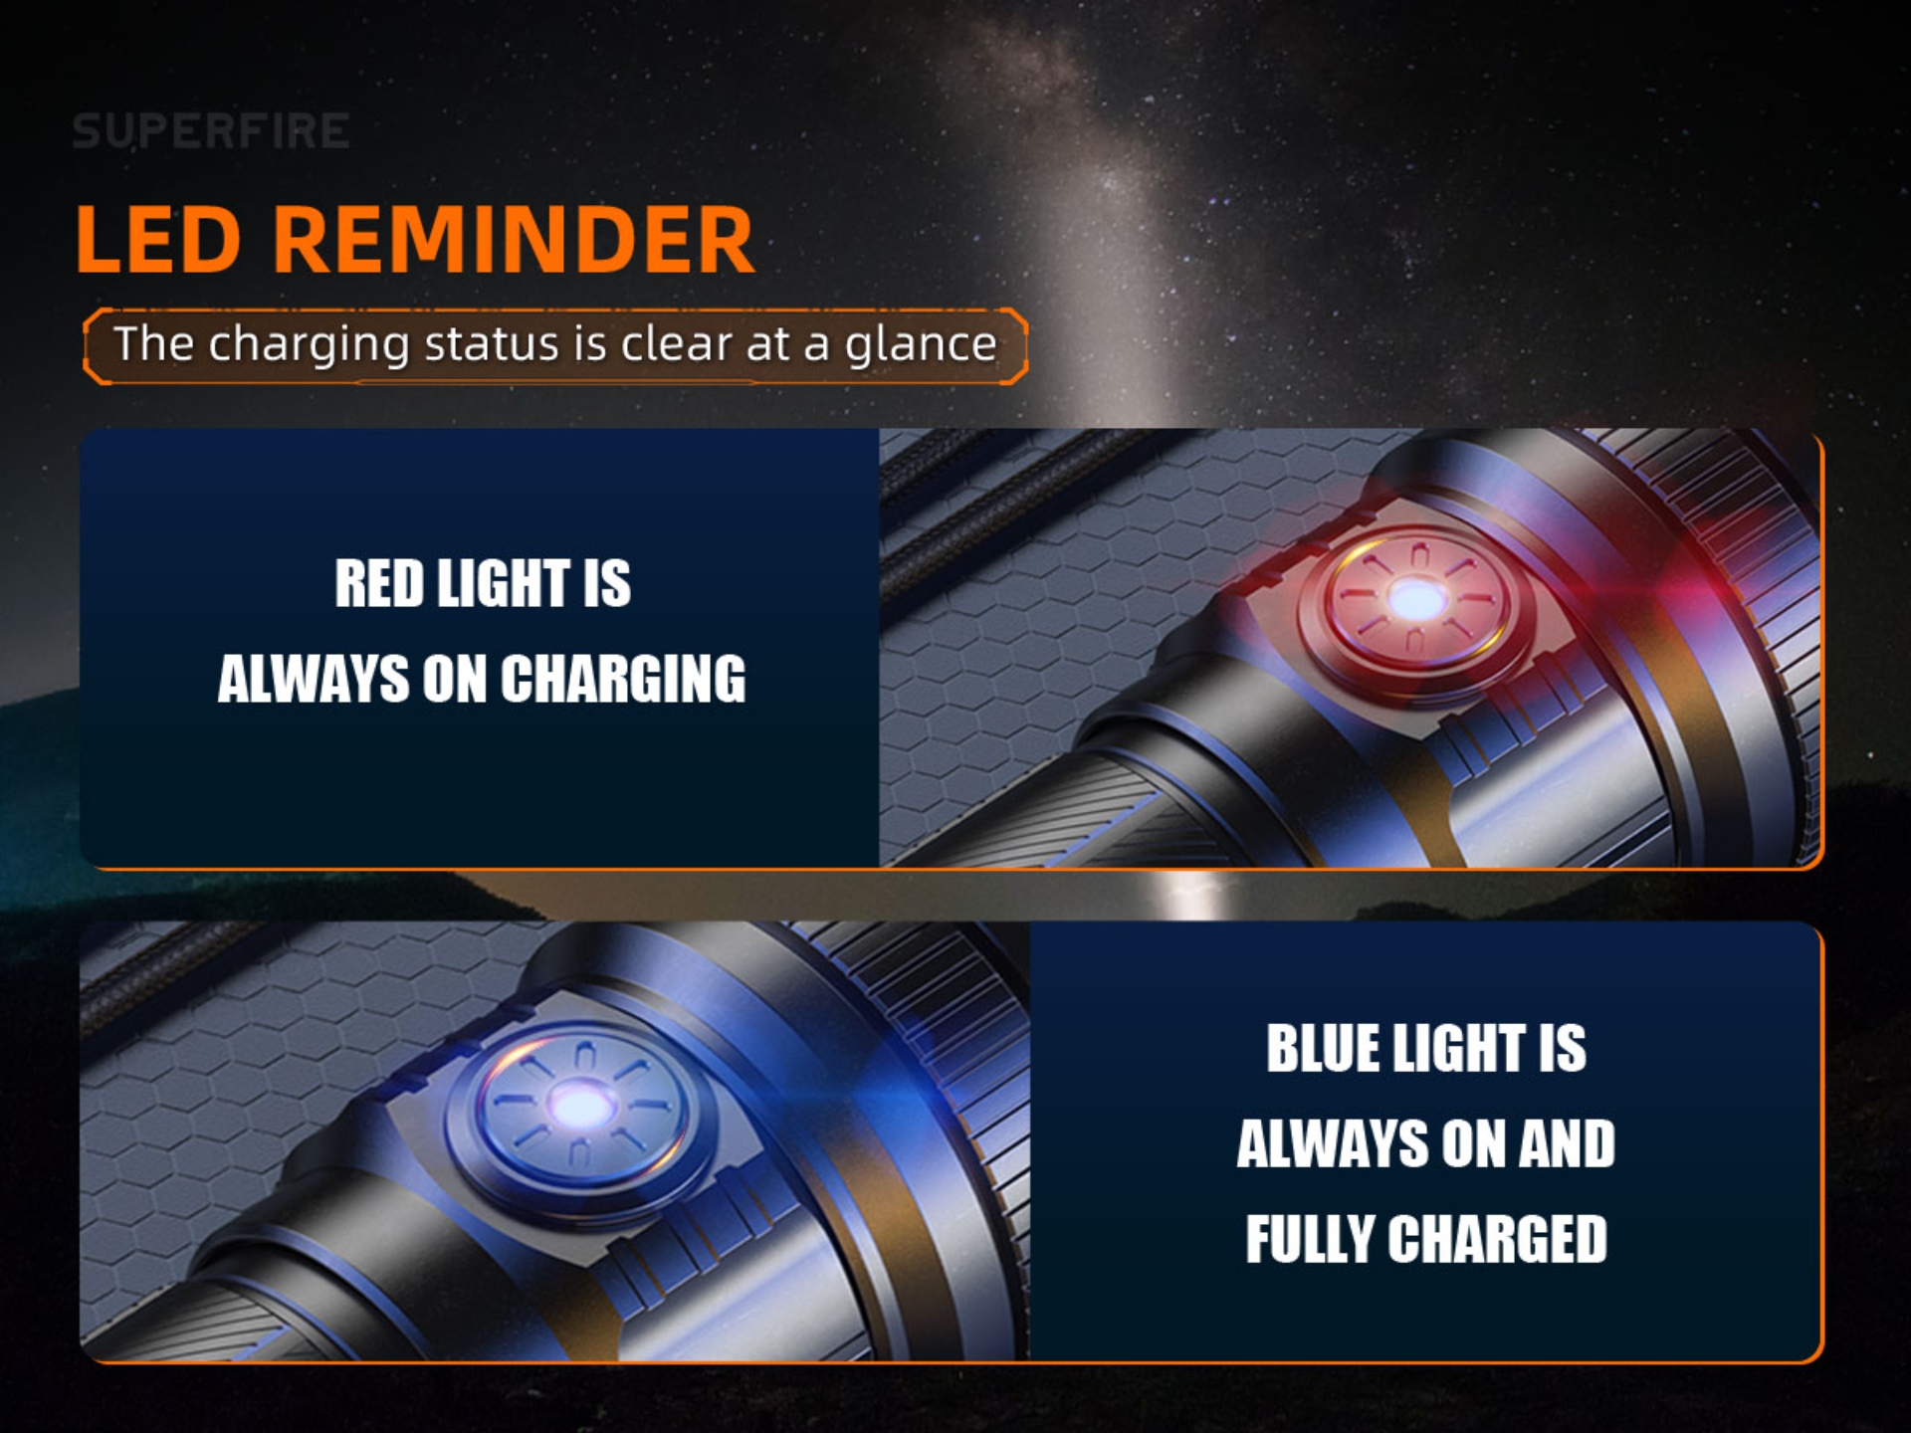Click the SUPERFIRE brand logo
(x=211, y=131)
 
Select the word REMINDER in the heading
(x=514, y=240)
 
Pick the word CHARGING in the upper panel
(x=623, y=680)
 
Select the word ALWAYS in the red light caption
(x=314, y=680)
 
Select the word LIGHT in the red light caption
(x=504, y=583)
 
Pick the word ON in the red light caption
(x=455, y=680)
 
